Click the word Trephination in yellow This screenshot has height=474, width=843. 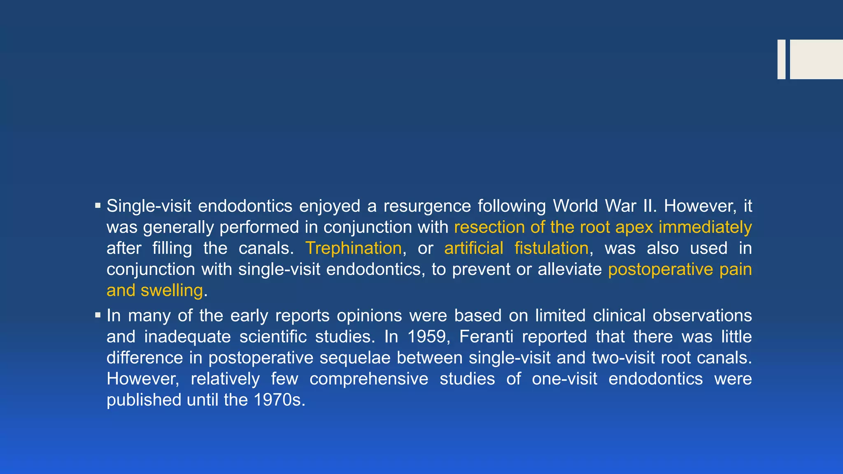[x=353, y=249]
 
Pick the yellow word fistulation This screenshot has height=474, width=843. [x=551, y=249]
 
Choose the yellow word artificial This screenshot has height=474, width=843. [x=473, y=249]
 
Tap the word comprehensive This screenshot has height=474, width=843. [x=369, y=379]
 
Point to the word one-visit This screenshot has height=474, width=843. [x=564, y=379]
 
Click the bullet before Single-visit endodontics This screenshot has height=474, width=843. [x=98, y=205]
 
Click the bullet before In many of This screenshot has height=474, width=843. [x=98, y=315]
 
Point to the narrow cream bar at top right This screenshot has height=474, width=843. [x=781, y=59]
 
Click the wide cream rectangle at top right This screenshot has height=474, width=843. [x=816, y=59]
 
